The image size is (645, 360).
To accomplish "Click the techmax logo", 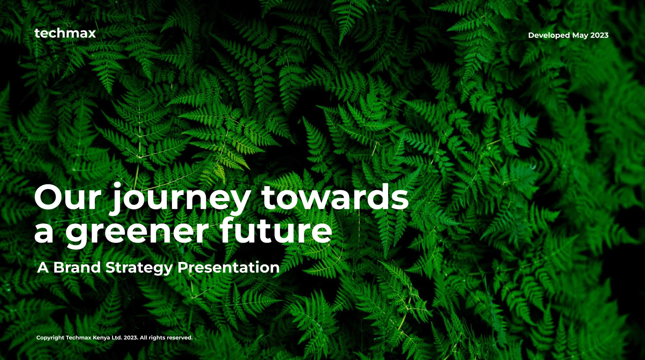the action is [65, 33].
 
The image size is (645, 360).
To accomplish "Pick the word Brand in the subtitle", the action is [77, 267].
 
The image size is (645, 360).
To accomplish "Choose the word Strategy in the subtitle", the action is [139, 268].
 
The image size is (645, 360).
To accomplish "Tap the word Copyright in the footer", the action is [50, 338].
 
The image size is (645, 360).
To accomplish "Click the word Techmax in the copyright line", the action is [79, 337].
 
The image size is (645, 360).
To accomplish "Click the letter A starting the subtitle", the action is [43, 268].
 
